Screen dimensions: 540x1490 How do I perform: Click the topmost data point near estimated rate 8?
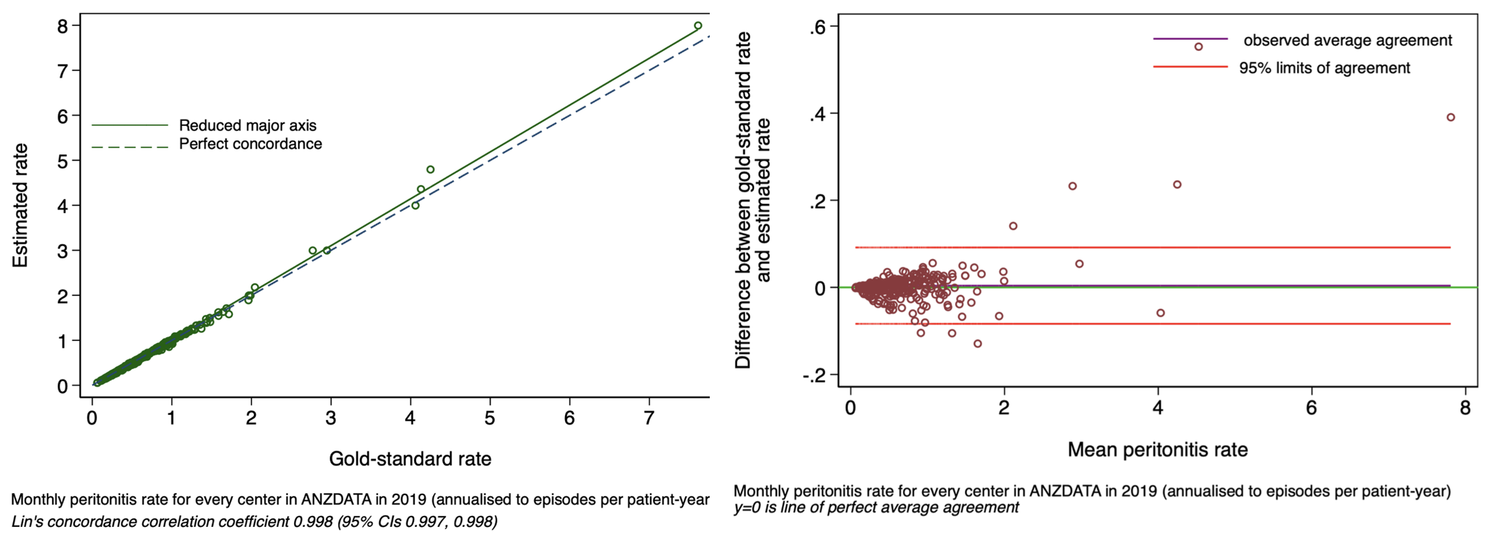tap(697, 26)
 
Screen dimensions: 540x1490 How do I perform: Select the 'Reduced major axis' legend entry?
tap(247, 125)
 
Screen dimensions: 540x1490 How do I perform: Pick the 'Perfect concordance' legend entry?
tap(250, 144)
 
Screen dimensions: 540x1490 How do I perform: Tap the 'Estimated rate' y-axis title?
tap(20, 205)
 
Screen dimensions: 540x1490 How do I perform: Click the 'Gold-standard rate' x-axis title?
tap(410, 459)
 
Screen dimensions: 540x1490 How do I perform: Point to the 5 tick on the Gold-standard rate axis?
tap(489, 418)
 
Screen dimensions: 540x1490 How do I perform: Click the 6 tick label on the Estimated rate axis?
tap(63, 116)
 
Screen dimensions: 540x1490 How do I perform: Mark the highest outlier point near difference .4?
tap(1450, 117)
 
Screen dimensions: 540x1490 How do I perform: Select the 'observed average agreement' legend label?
tap(1347, 40)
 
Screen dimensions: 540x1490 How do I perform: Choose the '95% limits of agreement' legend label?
tap(1324, 68)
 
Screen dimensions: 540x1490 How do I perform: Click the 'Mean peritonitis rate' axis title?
tap(1157, 450)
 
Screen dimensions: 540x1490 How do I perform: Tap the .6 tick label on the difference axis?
tap(818, 27)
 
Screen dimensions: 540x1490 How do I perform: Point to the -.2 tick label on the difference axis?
tap(814, 375)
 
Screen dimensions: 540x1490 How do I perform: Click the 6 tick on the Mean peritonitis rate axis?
tap(1311, 408)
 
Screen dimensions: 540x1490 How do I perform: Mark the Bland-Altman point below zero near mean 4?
tap(1160, 313)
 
